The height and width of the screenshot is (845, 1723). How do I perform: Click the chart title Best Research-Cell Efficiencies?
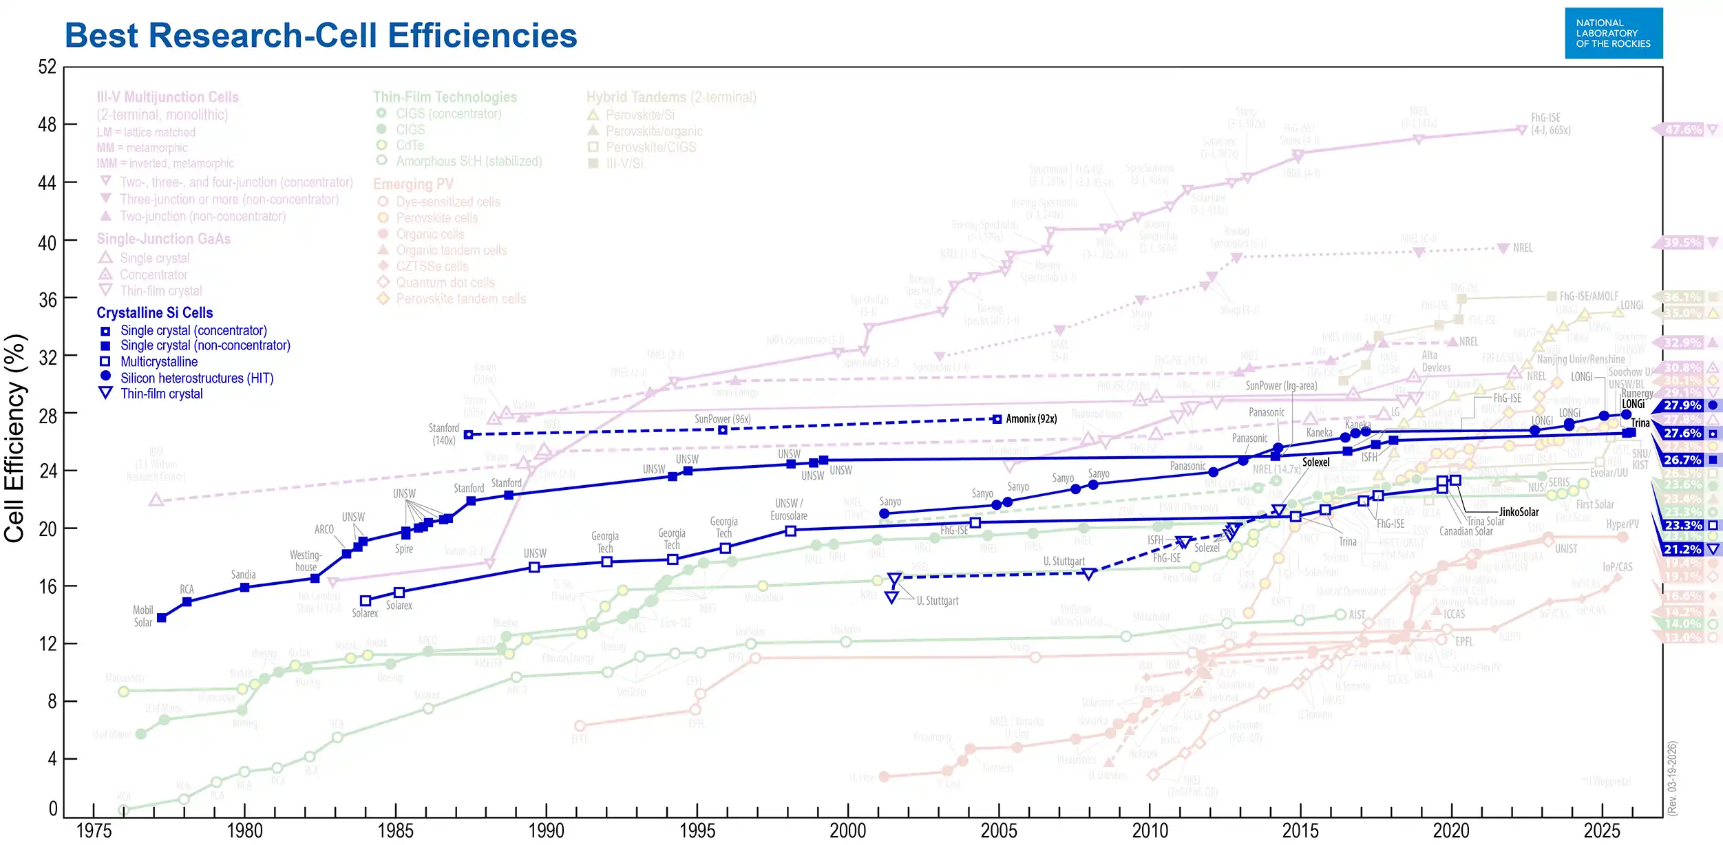tap(321, 36)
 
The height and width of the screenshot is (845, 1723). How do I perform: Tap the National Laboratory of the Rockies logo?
tap(1613, 33)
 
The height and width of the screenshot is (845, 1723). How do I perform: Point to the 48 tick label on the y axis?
tap(47, 125)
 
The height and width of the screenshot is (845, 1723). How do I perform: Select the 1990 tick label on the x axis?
tap(546, 830)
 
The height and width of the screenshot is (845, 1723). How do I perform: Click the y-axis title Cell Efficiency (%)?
tap(15, 438)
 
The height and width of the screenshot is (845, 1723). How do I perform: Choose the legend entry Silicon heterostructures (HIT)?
tap(196, 378)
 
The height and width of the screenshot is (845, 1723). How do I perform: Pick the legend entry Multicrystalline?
tap(158, 361)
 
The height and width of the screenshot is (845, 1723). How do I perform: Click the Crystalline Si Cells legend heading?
tap(155, 312)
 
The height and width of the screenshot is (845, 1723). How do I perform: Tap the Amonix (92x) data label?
tap(1030, 418)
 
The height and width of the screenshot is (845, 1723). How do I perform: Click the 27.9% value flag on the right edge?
tap(1682, 405)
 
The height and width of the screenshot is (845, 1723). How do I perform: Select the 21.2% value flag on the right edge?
tap(1682, 549)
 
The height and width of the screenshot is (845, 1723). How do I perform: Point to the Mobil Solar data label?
tap(143, 616)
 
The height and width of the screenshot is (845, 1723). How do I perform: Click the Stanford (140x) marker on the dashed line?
tap(469, 434)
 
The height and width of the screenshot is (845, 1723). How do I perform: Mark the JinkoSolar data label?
tap(1519, 512)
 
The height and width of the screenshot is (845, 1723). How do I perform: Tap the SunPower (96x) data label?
tap(722, 419)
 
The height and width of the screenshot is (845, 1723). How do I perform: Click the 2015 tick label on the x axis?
tap(1300, 830)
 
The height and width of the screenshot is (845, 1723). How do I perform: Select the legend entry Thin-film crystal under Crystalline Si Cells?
tap(161, 394)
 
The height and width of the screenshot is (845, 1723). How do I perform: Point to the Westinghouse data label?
tap(306, 561)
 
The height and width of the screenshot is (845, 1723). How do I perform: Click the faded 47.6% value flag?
tap(1682, 129)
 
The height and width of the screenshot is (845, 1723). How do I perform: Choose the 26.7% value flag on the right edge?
tap(1682, 460)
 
